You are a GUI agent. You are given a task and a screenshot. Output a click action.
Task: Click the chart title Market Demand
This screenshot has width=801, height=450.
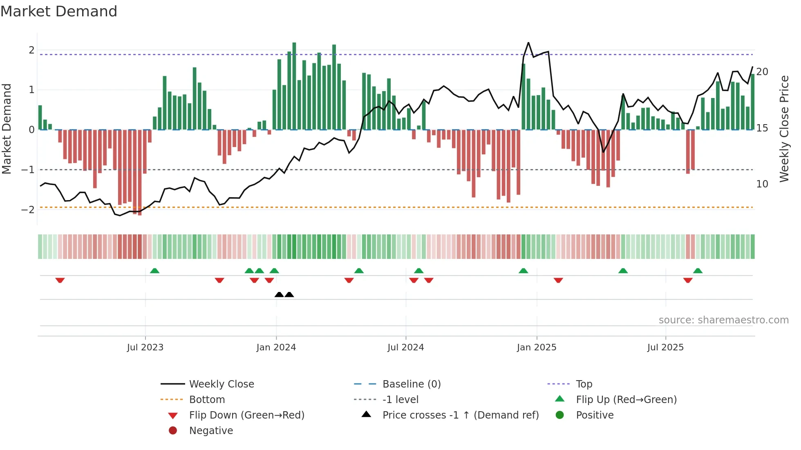click(x=59, y=11)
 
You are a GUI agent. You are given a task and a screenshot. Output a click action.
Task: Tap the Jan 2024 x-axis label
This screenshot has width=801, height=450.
click(x=276, y=348)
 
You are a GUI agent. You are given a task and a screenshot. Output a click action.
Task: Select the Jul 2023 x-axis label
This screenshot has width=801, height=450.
click(x=145, y=348)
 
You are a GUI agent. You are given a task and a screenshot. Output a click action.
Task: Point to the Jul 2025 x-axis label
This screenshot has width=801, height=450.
click(x=665, y=348)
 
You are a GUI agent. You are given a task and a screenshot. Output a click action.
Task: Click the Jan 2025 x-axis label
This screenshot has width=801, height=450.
click(x=536, y=348)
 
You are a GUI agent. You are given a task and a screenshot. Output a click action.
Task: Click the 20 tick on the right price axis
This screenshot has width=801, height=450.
click(x=762, y=72)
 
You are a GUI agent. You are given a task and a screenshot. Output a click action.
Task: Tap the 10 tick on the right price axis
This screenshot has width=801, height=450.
click(x=762, y=184)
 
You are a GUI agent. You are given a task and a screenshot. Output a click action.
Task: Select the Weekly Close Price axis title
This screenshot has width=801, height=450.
click(x=784, y=129)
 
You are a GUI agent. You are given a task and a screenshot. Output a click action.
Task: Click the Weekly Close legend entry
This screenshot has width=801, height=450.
click(x=221, y=384)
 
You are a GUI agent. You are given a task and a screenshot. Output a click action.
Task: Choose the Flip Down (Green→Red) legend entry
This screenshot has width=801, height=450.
click(x=246, y=415)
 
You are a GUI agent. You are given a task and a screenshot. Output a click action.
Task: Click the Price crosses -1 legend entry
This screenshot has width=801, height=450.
click(x=460, y=415)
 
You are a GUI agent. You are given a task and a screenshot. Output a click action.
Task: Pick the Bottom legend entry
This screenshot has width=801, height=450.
click(x=207, y=400)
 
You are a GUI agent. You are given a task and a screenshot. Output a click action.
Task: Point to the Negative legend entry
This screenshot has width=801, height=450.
click(x=211, y=431)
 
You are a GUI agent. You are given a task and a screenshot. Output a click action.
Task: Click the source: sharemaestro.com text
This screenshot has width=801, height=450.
click(x=723, y=320)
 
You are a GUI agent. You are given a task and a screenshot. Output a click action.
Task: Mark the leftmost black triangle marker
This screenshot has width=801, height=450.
click(x=279, y=294)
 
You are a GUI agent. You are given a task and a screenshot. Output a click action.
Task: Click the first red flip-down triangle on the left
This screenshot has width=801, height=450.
click(x=60, y=280)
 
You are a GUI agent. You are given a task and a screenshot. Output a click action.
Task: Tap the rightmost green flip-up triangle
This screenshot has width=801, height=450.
click(x=698, y=271)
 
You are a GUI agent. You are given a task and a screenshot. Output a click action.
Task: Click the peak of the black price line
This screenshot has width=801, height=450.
click(x=528, y=42)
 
